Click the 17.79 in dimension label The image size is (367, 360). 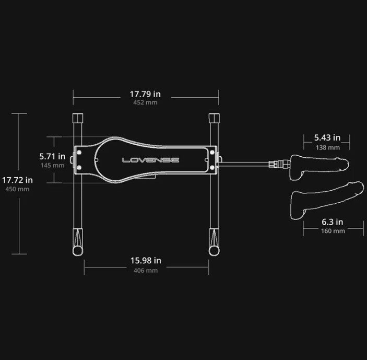[x=145, y=94]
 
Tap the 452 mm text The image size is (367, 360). [x=145, y=102]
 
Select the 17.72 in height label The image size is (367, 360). [x=17, y=180]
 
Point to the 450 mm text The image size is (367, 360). [x=17, y=189]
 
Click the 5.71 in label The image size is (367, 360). [x=52, y=156]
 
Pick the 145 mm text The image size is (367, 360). [x=52, y=165]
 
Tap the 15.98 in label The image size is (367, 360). [x=146, y=260]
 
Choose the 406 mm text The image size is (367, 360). [x=146, y=271]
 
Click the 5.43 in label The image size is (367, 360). [x=327, y=138]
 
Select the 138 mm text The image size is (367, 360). [x=328, y=147]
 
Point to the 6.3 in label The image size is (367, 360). [x=333, y=222]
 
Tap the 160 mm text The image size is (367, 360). [x=333, y=231]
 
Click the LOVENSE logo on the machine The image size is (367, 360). [x=151, y=160]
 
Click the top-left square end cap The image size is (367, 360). [x=78, y=118]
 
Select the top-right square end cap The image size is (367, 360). [x=214, y=118]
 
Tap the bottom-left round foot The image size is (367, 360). [x=78, y=251]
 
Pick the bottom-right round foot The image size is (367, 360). [x=214, y=251]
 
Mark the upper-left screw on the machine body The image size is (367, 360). [x=79, y=153]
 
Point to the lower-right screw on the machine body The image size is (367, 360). [x=212, y=167]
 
